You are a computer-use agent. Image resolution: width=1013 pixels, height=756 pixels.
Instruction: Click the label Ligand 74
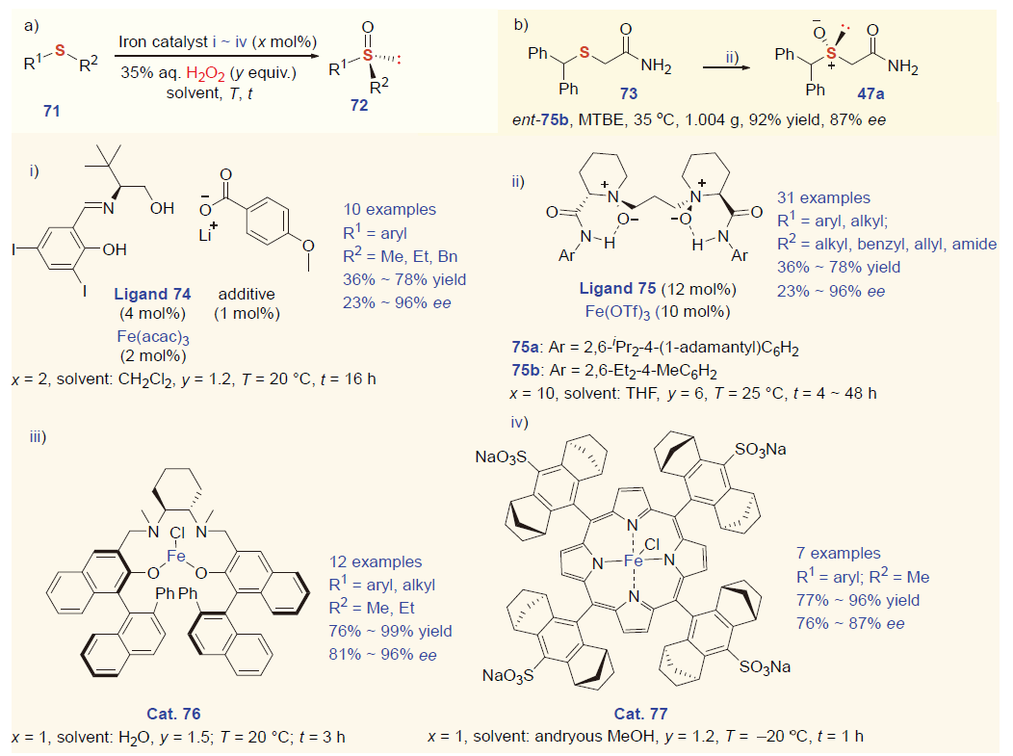[x=152, y=293]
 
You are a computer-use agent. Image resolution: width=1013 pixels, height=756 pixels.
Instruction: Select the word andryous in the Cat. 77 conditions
[x=579, y=737]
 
